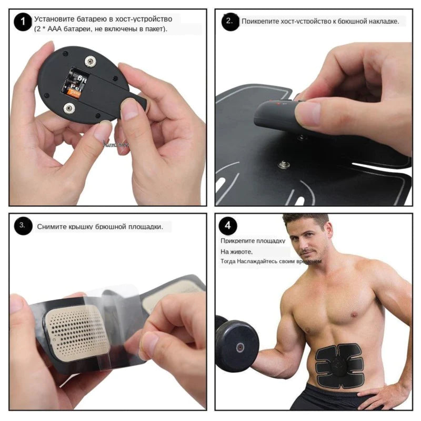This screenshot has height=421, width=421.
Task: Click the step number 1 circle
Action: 22,23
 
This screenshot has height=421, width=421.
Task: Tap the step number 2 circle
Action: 230,22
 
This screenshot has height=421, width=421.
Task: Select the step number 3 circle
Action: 23,226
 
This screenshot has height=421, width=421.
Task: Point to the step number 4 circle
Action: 228,226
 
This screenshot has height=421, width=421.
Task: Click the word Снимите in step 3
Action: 51,227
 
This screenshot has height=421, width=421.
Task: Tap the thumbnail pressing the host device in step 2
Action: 308,112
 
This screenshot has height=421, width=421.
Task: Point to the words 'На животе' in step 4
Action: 236,252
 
